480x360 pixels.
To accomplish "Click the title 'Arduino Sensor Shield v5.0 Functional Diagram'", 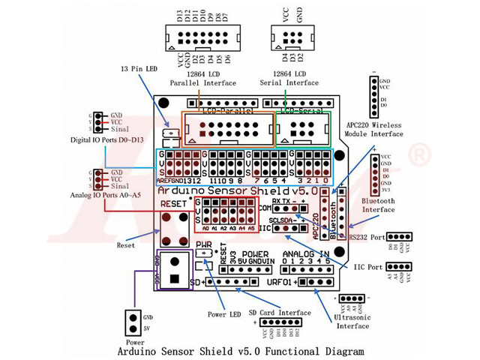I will tap(240, 350).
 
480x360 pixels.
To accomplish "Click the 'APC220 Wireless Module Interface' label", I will tap(374, 128).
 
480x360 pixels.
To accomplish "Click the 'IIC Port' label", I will tap(366, 266).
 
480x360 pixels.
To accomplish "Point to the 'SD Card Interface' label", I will tap(280, 313).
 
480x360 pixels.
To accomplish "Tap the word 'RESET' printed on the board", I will tap(174, 203).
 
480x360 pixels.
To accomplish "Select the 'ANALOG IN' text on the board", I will tap(307, 254).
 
